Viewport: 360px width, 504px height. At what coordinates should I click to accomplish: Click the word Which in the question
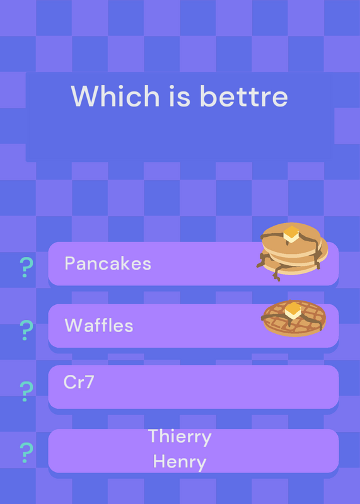[x=115, y=96]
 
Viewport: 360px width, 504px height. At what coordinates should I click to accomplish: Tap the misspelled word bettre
[x=243, y=96]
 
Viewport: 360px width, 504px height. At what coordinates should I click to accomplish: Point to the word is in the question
[x=180, y=96]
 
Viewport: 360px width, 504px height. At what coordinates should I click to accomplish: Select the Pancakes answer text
[x=108, y=263]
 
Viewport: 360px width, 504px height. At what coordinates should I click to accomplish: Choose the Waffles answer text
[x=99, y=325]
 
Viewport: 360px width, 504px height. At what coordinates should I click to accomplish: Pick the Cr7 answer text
[x=79, y=382]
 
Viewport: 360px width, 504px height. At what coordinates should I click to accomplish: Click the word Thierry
[x=180, y=437]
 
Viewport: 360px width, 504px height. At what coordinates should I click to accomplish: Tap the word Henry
[x=180, y=462]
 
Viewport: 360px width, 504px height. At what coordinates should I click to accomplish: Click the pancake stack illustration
[x=292, y=251]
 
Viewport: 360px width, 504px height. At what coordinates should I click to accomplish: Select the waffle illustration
[x=294, y=318]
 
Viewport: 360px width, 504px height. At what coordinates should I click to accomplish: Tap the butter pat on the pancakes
[x=291, y=234]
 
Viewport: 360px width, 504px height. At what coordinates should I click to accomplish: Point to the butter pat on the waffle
[x=293, y=311]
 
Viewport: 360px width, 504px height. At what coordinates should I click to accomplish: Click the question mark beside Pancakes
[x=26, y=267]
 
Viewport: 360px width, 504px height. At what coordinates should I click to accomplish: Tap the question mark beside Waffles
[x=26, y=330]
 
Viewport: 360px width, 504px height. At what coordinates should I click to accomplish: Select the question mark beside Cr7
[x=26, y=391]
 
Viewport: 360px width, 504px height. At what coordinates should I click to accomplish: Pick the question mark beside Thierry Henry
[x=26, y=452]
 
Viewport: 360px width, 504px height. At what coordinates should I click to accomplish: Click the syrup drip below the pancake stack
[x=276, y=273]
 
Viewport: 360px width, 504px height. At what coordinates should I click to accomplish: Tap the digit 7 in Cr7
[x=89, y=382]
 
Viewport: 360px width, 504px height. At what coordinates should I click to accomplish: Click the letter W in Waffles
[x=74, y=325]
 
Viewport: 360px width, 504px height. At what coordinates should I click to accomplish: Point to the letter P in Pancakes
[x=69, y=263]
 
